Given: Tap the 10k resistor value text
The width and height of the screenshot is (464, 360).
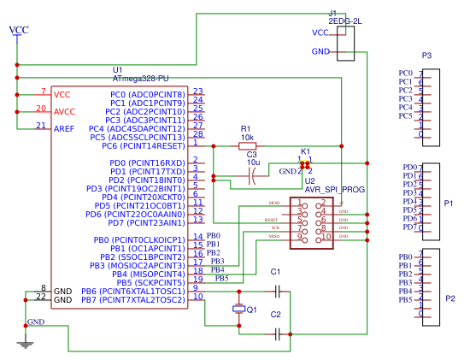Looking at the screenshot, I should coord(246,137).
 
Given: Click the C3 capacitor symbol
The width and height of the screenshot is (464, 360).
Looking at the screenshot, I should coord(252,176).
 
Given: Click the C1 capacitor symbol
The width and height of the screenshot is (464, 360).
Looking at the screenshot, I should coord(275,291).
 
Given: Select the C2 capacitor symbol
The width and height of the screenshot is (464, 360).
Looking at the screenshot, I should coord(275,326).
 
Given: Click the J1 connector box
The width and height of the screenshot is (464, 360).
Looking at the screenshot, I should coord(346,43).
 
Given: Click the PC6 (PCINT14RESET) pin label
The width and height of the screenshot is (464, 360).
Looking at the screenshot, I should coord(143,145).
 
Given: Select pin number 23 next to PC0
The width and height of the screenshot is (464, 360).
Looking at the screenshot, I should coord(197,92).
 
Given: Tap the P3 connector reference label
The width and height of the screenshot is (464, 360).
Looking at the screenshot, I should coord(426,56).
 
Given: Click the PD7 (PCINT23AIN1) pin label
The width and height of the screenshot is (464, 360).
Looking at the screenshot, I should coord(135,222).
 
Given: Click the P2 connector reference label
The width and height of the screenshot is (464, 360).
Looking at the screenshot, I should coord(449,298).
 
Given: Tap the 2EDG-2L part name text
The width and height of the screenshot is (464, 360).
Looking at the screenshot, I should coord(346,19).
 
